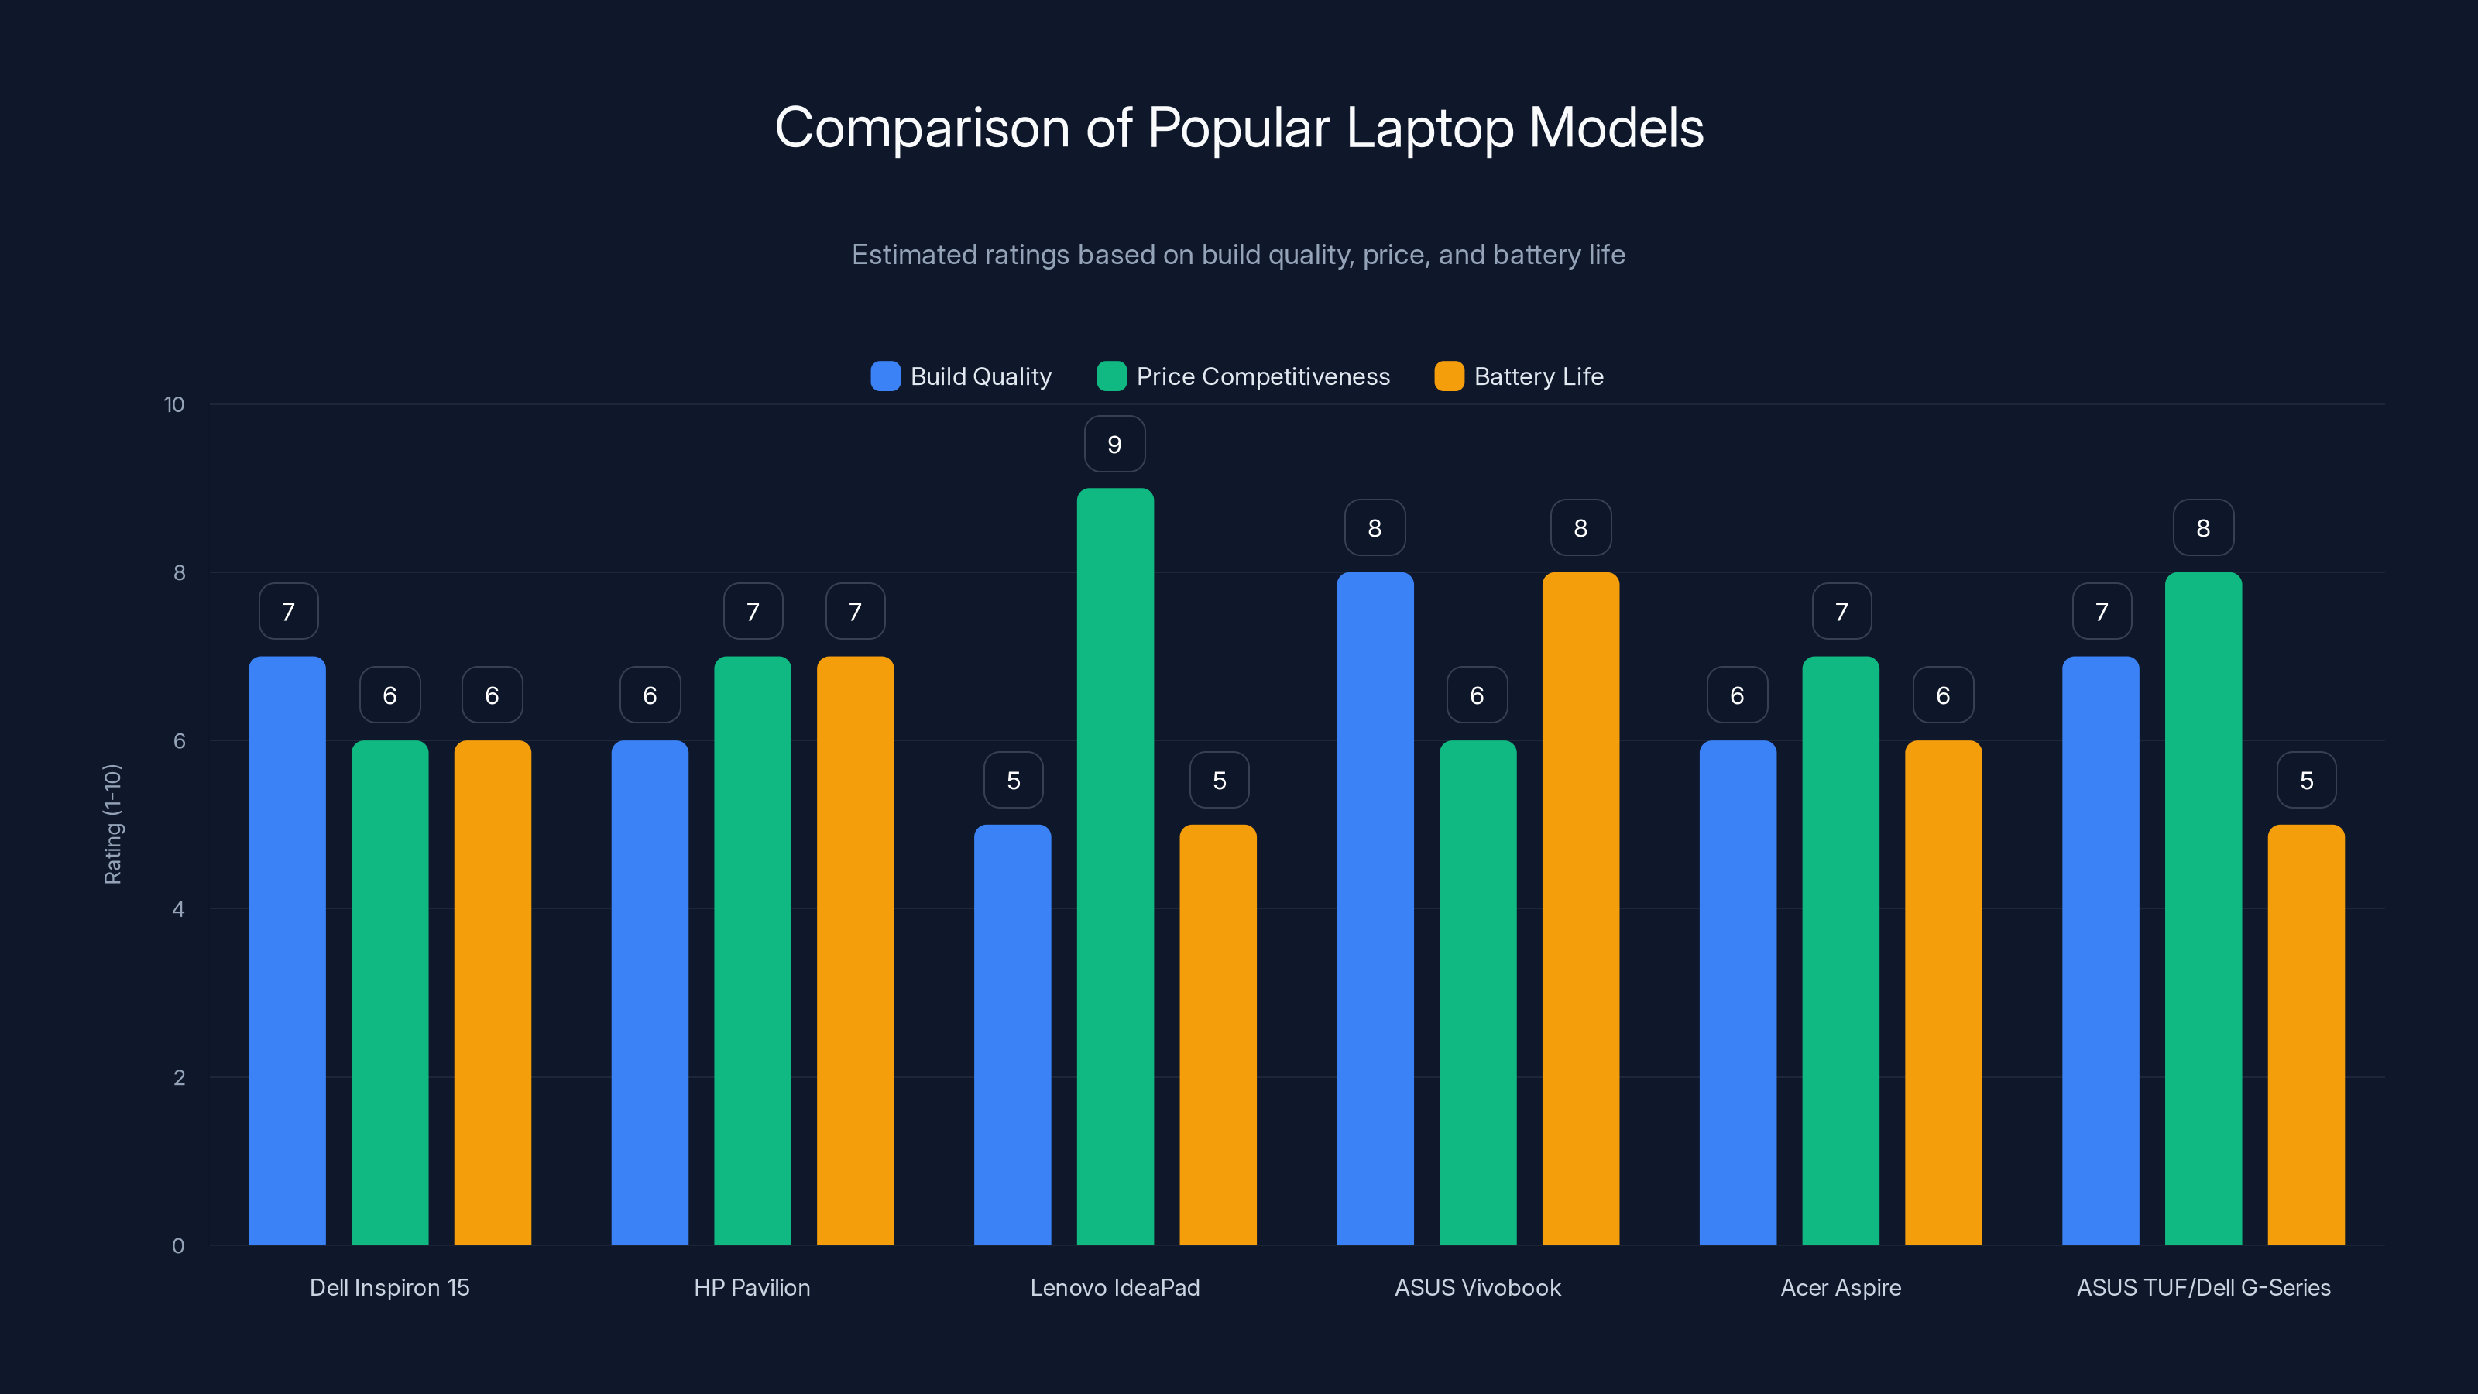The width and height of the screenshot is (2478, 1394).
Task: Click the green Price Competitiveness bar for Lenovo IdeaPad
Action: pyautogui.click(x=1115, y=866)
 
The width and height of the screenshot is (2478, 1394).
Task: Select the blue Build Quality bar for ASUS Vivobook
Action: pyautogui.click(x=1375, y=908)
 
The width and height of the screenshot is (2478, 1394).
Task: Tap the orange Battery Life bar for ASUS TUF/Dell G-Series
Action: pyautogui.click(x=2306, y=1034)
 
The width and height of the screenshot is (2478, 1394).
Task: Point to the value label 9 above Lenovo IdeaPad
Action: pyautogui.click(x=1114, y=445)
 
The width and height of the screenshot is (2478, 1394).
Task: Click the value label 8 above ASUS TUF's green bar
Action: pyautogui.click(x=2203, y=528)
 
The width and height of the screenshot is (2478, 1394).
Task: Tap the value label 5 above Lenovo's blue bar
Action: pyautogui.click(x=1013, y=780)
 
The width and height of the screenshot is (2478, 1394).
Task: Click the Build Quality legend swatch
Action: pyautogui.click(x=885, y=376)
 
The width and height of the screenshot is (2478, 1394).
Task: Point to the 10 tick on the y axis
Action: pyautogui.click(x=174, y=404)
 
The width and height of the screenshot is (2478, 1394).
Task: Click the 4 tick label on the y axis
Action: pyautogui.click(x=178, y=909)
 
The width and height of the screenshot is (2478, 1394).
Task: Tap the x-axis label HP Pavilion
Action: pyautogui.click(x=752, y=1287)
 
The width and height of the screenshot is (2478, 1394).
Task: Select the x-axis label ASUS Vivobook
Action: pyautogui.click(x=1478, y=1287)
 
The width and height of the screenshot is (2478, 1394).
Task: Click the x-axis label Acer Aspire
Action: pyautogui.click(x=1840, y=1287)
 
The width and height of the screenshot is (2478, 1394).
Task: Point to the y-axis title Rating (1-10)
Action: pyautogui.click(x=112, y=825)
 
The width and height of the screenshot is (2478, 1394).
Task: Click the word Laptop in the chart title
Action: pyautogui.click(x=1429, y=128)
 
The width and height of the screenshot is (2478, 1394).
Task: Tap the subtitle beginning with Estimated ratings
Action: pyautogui.click(x=1238, y=255)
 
